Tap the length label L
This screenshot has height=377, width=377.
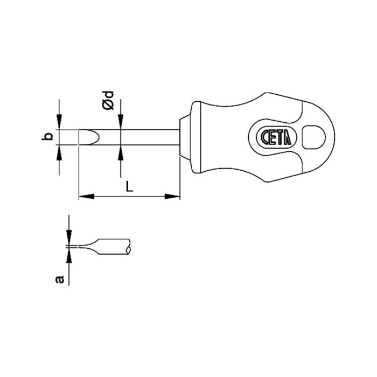pyautogui.click(x=129, y=186)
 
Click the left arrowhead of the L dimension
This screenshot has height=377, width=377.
pyautogui.click(x=84, y=197)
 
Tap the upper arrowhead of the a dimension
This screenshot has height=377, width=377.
pyautogui.click(x=69, y=240)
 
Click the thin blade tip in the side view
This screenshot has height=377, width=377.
pyautogui.click(x=81, y=247)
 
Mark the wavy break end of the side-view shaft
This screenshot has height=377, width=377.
pyautogui.click(x=129, y=247)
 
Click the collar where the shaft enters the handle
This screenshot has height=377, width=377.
pyautogui.click(x=184, y=137)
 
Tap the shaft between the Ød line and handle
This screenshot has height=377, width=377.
pyautogui.click(x=151, y=137)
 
